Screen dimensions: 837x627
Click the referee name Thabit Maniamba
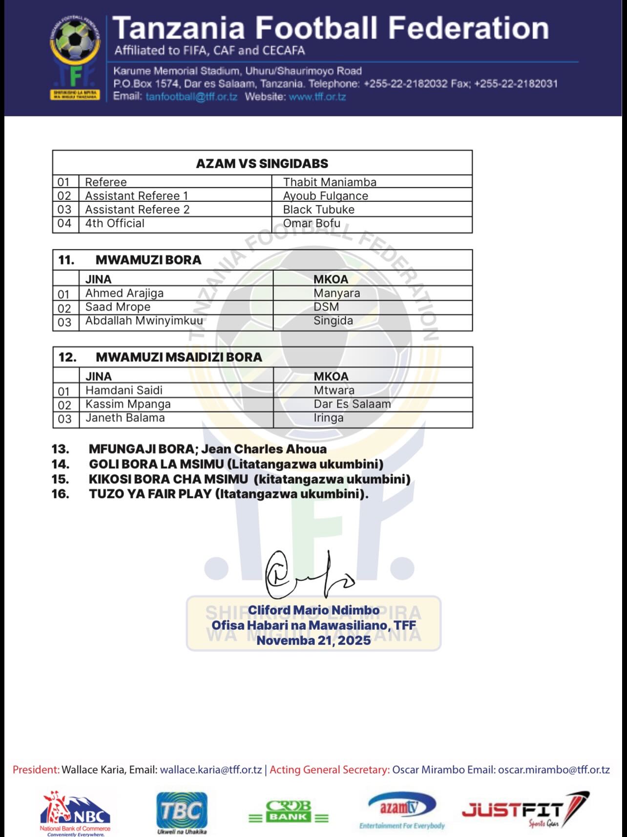(x=330, y=182)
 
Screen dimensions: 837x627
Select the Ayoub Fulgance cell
(x=325, y=196)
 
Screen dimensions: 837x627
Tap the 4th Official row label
(x=115, y=223)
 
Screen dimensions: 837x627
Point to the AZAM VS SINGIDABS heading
(x=262, y=163)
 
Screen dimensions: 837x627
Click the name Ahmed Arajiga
(x=124, y=293)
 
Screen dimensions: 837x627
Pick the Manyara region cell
(x=336, y=293)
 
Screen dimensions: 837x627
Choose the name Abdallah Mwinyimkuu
(x=144, y=321)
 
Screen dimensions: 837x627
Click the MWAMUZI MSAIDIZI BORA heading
(x=179, y=357)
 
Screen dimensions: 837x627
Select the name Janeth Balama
(x=125, y=418)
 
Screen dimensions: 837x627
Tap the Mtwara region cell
(x=334, y=390)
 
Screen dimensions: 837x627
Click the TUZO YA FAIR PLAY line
(x=229, y=494)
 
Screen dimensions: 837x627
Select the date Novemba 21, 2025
(x=313, y=640)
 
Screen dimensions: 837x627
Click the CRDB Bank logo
(x=288, y=812)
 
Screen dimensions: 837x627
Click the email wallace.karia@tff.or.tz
(x=211, y=770)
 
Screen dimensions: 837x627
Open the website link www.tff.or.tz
(x=317, y=96)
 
